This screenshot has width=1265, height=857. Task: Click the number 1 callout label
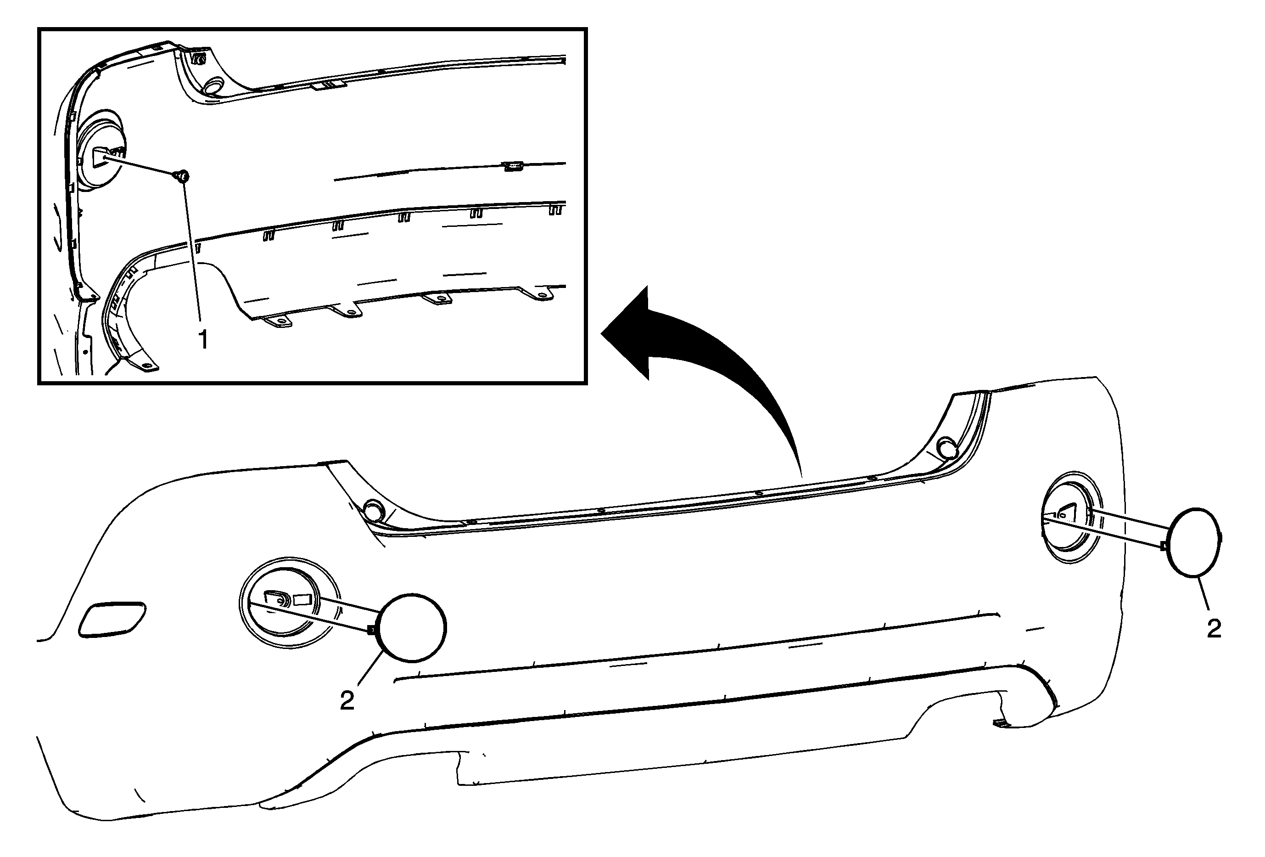pos(203,340)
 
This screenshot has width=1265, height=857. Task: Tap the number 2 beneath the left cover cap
pos(347,700)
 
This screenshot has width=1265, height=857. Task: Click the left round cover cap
pos(412,628)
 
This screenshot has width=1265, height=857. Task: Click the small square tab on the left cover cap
pos(371,630)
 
